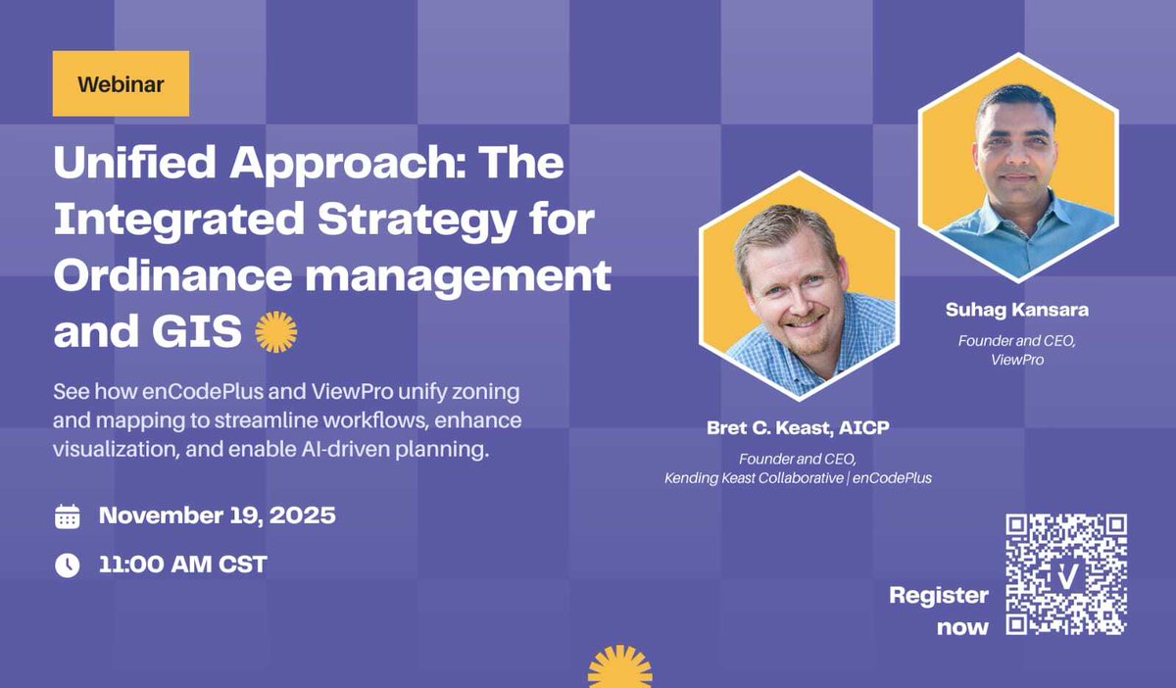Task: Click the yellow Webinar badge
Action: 121,83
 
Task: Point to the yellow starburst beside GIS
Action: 275,333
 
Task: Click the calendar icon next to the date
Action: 67,516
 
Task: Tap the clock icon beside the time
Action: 67,565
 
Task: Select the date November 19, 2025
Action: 217,516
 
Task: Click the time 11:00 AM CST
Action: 182,565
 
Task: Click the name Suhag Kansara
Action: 1016,311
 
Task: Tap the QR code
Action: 1066,574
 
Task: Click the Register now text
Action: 939,611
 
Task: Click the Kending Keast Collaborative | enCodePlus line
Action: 797,478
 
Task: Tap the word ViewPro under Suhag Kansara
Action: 1016,360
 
